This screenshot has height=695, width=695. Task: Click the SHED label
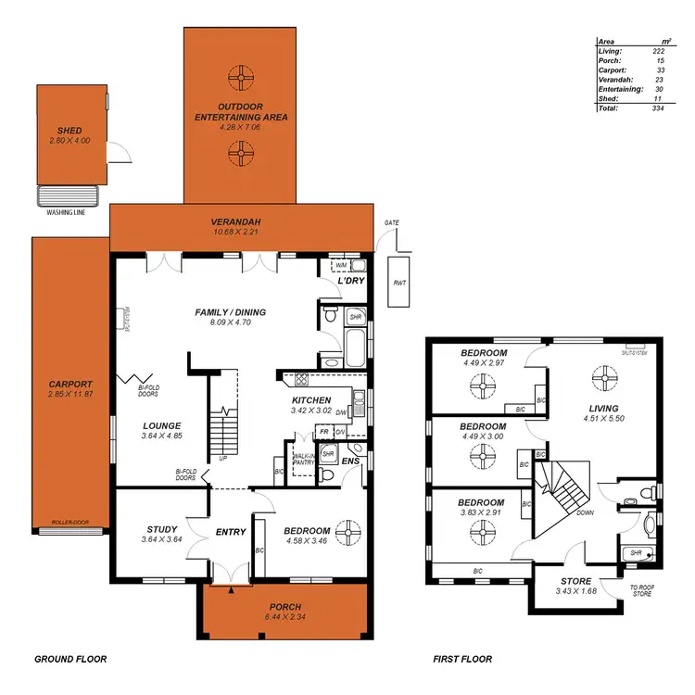[x=69, y=131]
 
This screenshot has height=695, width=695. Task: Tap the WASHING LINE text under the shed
[x=67, y=212]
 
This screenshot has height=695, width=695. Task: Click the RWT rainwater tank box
[x=398, y=283]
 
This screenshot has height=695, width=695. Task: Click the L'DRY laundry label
[x=350, y=280]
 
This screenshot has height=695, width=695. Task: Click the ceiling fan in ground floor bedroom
[x=349, y=531]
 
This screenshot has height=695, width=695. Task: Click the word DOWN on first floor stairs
[x=585, y=512]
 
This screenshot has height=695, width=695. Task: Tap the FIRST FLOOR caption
[x=462, y=660]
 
